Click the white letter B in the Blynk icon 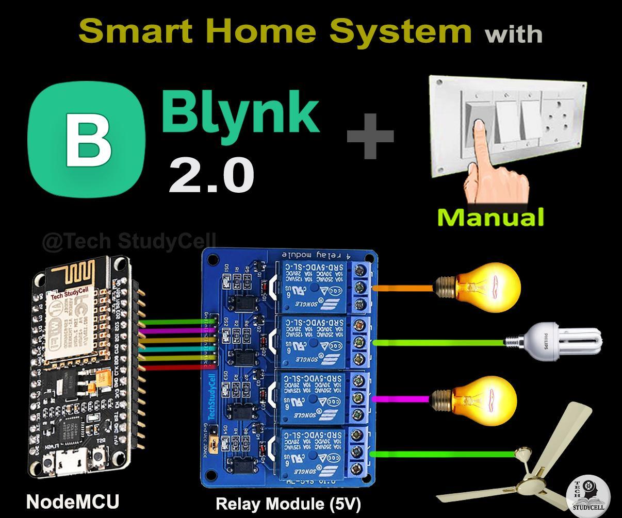(x=88, y=138)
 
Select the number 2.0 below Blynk (x=211, y=175)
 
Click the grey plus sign (x=370, y=136)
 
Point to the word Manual (x=490, y=217)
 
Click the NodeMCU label (x=73, y=502)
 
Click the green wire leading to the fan (x=444, y=454)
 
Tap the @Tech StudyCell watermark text (x=129, y=241)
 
